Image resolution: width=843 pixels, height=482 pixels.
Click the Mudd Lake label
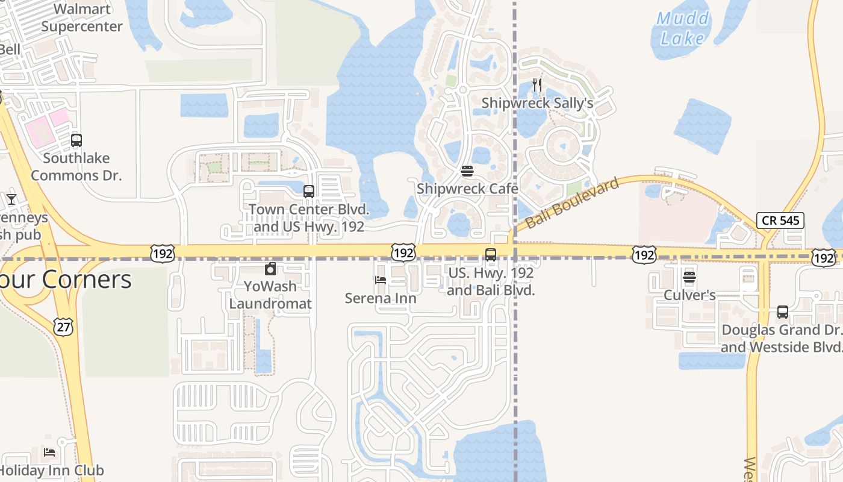pos(683,28)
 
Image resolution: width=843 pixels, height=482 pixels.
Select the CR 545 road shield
pos(781,221)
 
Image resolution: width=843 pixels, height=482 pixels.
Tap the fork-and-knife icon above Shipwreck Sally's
pos(537,85)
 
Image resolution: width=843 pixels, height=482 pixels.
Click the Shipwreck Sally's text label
pos(537,104)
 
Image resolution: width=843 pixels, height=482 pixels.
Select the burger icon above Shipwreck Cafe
pos(467,171)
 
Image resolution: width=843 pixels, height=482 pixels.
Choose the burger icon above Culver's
pos(689,277)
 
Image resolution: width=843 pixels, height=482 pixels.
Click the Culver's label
pos(689,295)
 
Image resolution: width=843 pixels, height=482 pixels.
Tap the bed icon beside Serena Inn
pos(381,280)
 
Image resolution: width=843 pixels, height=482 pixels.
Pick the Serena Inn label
pos(381,298)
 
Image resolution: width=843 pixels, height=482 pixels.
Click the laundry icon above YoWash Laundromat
pos(270,269)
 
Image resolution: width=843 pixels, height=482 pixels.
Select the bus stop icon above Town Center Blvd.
pos(309,192)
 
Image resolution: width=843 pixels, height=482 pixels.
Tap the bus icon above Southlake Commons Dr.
pos(76,140)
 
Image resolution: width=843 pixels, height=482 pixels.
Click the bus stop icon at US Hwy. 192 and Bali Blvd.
pos(491,255)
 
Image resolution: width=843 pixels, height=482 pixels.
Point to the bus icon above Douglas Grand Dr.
pos(782,312)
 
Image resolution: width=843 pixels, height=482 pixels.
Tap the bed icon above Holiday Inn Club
pos(49,452)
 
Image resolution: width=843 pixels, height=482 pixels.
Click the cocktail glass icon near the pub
pos(11,199)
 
